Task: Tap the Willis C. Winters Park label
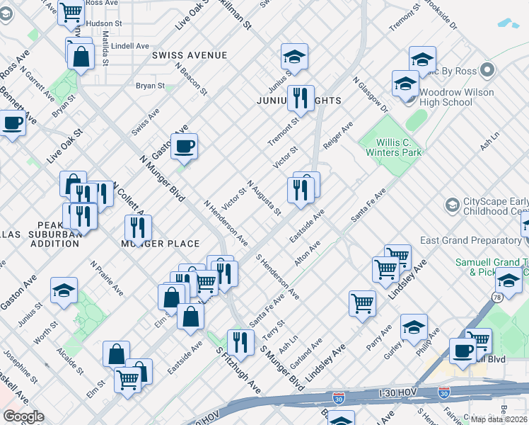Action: click(394, 146)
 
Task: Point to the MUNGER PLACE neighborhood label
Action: click(160, 244)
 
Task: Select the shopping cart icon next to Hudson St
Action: click(71, 12)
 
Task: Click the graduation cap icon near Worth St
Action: click(64, 290)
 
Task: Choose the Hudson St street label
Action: click(90, 23)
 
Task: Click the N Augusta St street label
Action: click(264, 198)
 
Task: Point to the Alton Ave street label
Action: click(308, 253)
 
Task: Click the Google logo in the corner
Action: click(23, 416)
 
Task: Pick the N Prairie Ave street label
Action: click(107, 278)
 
